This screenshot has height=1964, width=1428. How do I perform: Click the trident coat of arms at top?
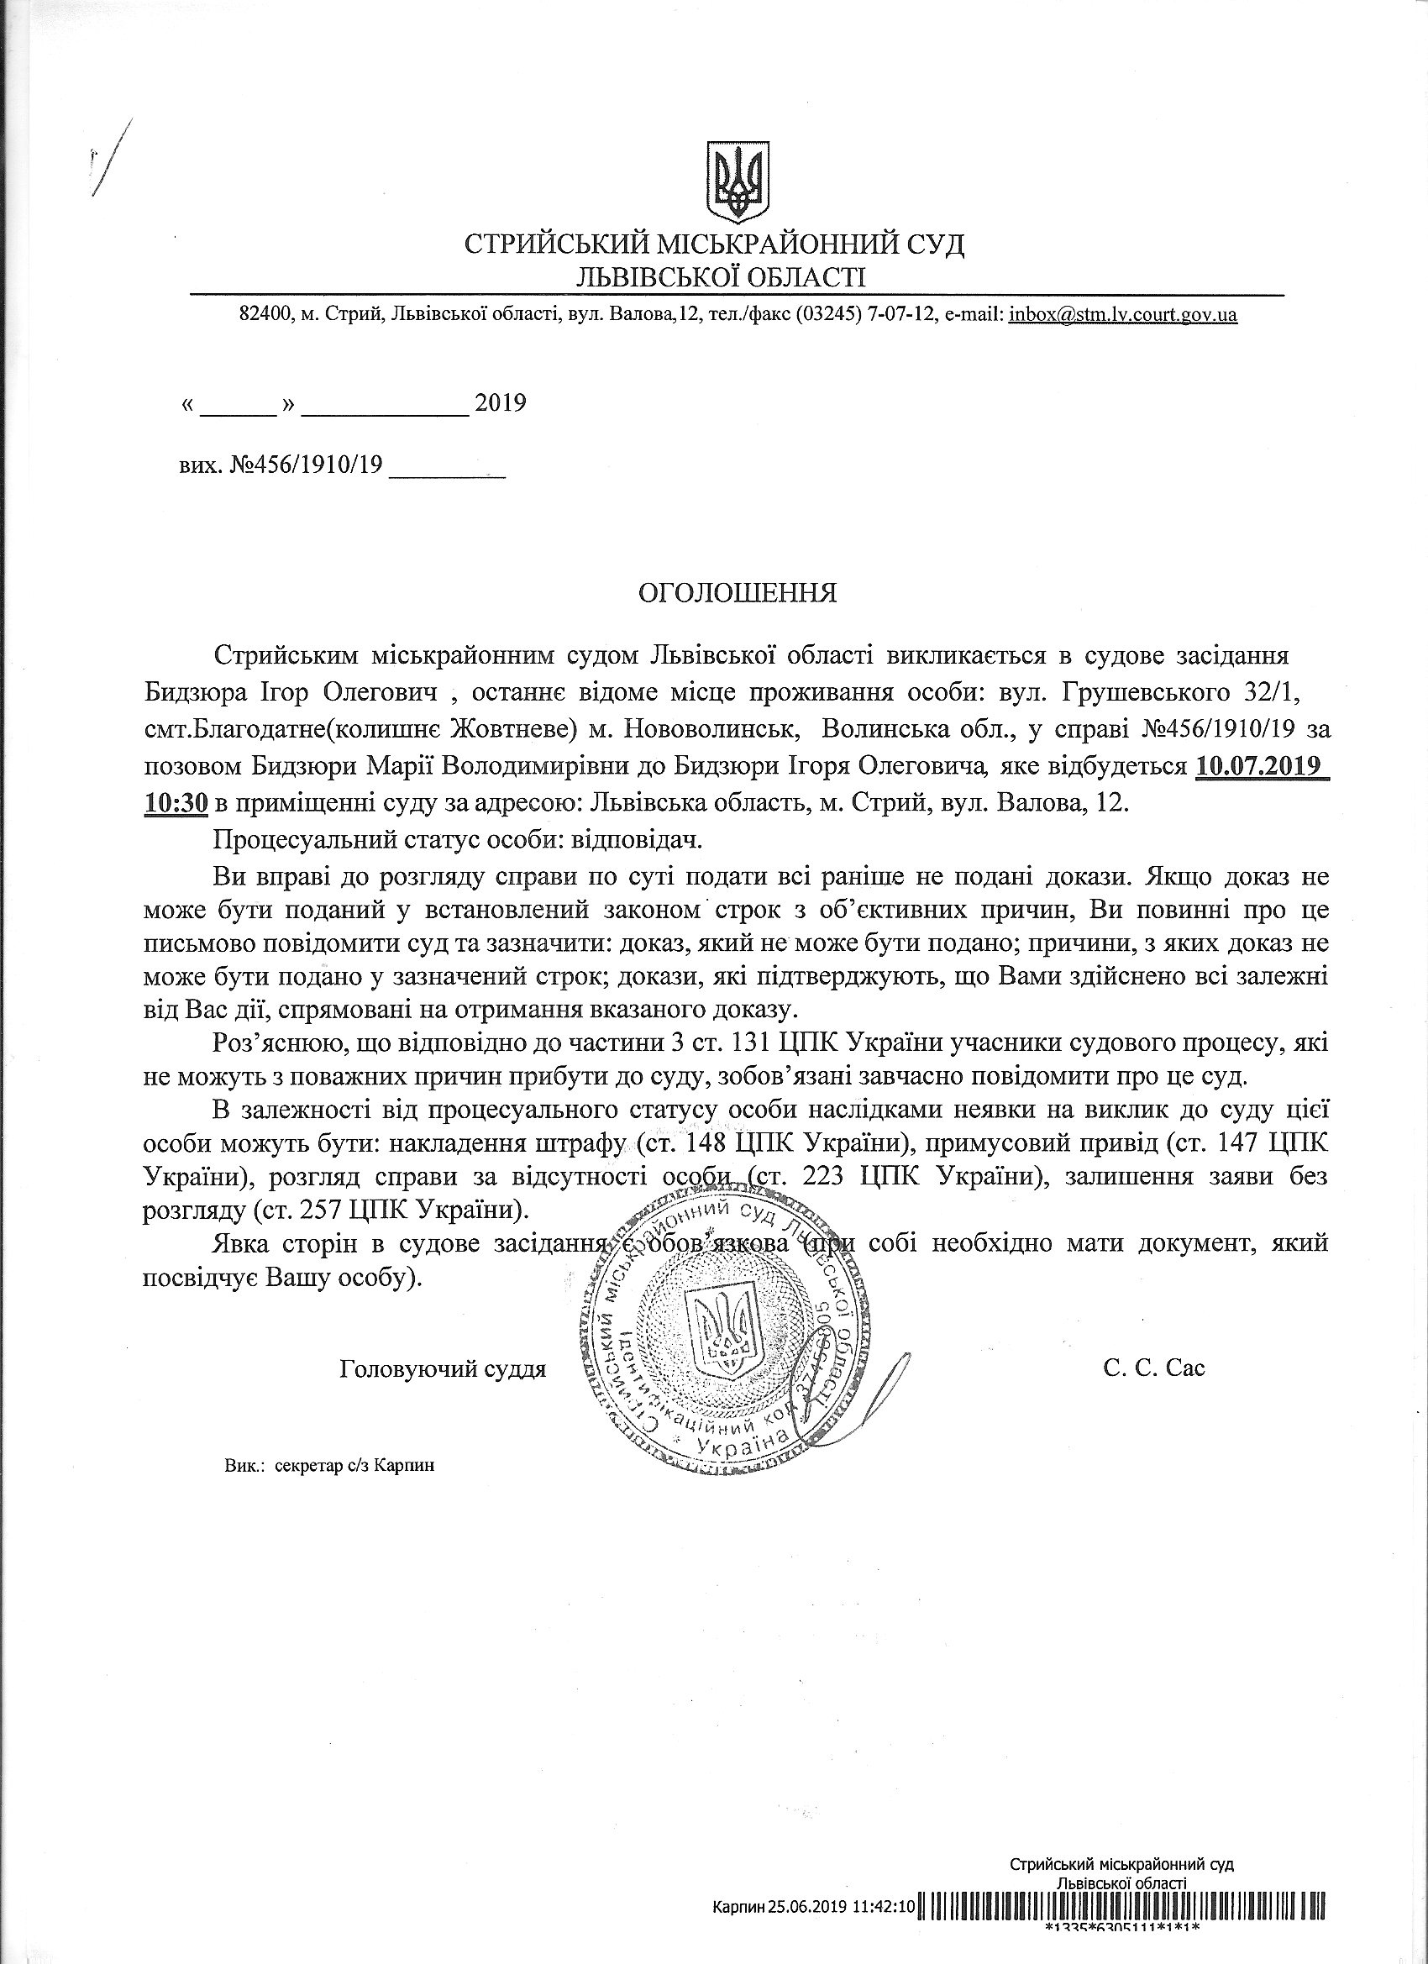pos(738,181)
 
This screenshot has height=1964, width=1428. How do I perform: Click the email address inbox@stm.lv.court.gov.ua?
pos(1123,315)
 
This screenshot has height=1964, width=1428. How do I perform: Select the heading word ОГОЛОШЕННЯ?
pos(737,593)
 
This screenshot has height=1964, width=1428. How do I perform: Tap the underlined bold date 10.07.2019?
pos(1260,768)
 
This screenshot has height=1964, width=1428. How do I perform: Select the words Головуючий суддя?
pos(444,1369)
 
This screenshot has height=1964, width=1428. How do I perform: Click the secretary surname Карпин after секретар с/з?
pos(405,1467)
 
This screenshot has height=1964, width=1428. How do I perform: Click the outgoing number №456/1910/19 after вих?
pos(307,467)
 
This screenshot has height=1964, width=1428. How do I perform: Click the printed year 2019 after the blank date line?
pos(501,403)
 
